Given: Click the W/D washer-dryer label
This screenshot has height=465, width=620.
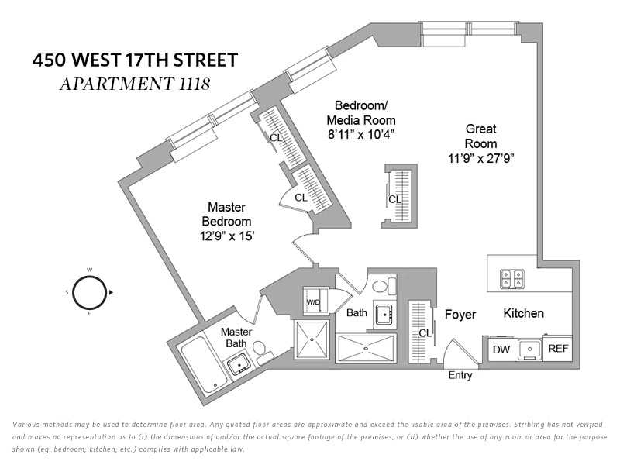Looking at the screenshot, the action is point(313,302).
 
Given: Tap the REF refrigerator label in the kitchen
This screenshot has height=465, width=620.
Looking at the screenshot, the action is point(558,348).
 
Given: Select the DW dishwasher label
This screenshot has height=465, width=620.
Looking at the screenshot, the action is point(501,350).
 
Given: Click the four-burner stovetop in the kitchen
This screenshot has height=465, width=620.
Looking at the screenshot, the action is point(512,279).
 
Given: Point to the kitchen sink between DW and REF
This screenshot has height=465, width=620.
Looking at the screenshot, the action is point(529,350).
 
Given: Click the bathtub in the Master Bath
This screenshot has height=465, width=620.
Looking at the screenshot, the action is point(204,365).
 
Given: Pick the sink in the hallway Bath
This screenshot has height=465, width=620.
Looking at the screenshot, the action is point(384,315).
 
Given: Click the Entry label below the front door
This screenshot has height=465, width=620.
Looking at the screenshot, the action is point(460,375).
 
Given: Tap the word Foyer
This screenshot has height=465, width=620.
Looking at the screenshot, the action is point(460,315).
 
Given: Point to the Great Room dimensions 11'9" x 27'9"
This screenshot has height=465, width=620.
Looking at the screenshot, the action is point(480,159).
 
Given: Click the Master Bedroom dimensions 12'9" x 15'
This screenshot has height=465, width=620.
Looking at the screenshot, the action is point(226,236).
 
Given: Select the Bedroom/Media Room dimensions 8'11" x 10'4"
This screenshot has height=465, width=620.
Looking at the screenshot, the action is point(361,135).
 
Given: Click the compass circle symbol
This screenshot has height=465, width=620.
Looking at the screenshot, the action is point(89,293).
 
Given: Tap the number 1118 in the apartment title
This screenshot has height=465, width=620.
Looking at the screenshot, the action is point(195,84).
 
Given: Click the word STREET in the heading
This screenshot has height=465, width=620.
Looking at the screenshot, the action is point(206,60).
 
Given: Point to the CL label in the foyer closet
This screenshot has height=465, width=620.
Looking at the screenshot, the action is point(425,333).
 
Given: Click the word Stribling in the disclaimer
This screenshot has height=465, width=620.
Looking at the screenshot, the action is point(529,425).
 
